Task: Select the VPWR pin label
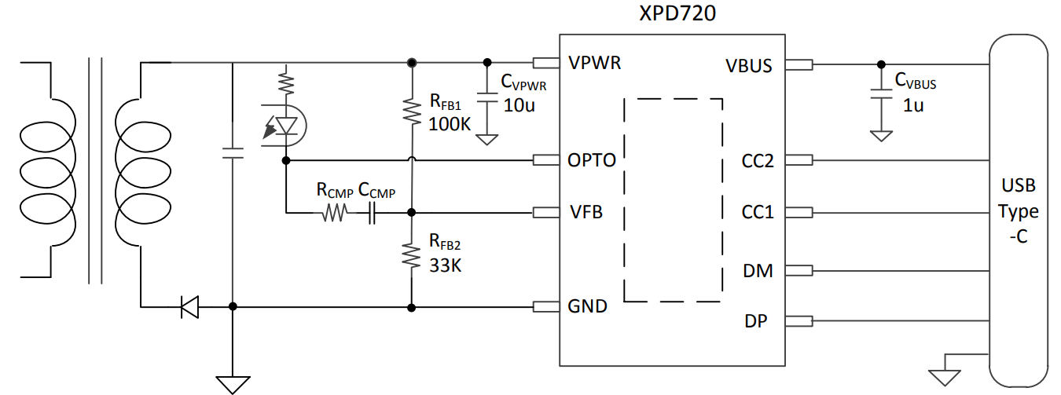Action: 594,64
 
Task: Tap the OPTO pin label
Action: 591,161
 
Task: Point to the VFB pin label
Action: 585,212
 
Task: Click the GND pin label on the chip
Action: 587,306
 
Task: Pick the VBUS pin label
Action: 749,66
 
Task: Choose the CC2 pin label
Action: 758,161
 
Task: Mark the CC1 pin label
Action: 758,212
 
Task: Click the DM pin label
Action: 758,271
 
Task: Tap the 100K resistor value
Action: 449,123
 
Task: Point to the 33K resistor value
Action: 445,265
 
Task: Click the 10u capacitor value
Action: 518,106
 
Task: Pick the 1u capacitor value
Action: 912,104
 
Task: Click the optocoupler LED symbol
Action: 286,126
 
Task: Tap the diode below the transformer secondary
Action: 189,306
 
